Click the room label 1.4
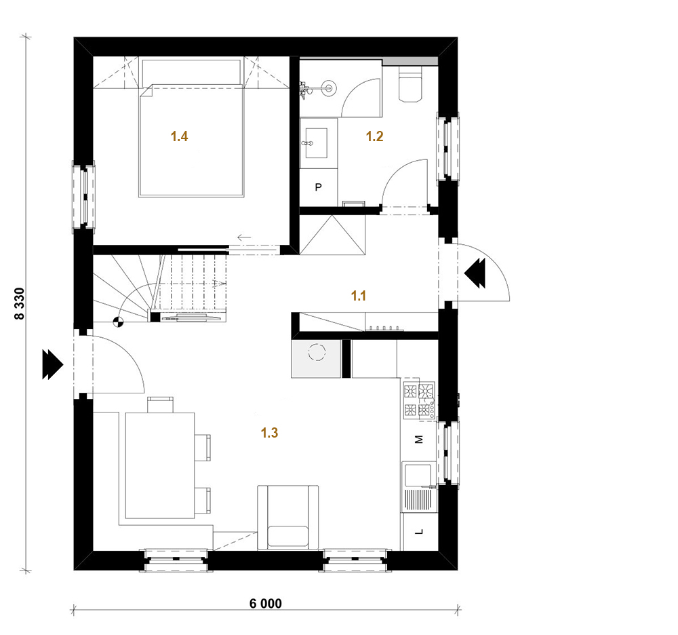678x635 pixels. [179, 136]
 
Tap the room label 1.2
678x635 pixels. [374, 136]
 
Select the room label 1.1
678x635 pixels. [359, 296]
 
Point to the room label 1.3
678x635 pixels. [269, 433]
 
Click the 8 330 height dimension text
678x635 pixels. [20, 304]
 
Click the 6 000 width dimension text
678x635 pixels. [266, 603]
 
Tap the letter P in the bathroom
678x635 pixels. [319, 187]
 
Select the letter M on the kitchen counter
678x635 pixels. [418, 440]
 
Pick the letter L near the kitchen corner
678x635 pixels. [419, 532]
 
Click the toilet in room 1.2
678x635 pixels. [410, 84]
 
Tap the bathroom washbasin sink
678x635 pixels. [316, 142]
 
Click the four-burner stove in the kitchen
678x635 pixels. [419, 400]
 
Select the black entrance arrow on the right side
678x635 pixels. [475, 273]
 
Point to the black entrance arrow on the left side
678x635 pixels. [53, 364]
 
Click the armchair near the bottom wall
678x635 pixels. [288, 518]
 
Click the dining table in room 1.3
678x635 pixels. [160, 465]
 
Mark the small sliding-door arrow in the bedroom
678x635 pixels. [244, 237]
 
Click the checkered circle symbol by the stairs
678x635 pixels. [118, 322]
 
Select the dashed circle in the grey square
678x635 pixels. [317, 352]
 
